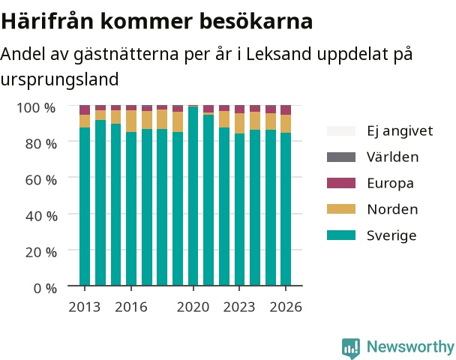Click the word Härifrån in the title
[x=47, y=21]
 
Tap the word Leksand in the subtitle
[x=278, y=54]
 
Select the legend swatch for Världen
[x=341, y=157]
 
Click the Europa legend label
[x=390, y=184]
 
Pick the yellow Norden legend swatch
[x=341, y=209]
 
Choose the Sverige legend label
[x=391, y=235]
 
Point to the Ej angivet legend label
[x=400, y=131]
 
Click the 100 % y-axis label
[x=36, y=108]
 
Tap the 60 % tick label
[x=41, y=180]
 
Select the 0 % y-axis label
[x=45, y=289]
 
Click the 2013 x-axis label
[x=84, y=307]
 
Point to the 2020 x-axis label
[x=193, y=307]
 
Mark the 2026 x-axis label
[x=286, y=307]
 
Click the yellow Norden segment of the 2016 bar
[x=131, y=121]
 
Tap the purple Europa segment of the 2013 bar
[x=85, y=110]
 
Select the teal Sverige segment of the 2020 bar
[x=193, y=196]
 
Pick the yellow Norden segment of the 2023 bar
[x=240, y=123]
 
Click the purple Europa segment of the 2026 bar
[x=286, y=110]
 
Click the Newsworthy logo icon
[x=351, y=348]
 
